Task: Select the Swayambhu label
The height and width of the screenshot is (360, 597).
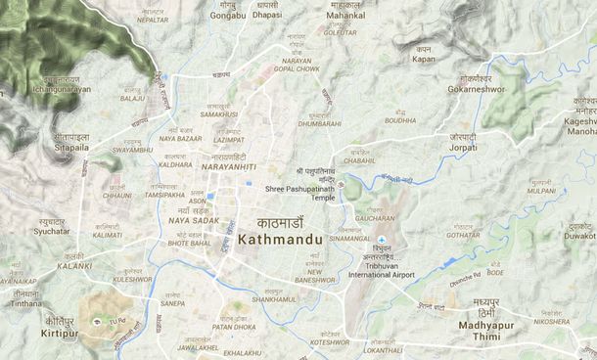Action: point(133,150)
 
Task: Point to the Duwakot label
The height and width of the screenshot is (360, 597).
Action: point(579,236)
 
